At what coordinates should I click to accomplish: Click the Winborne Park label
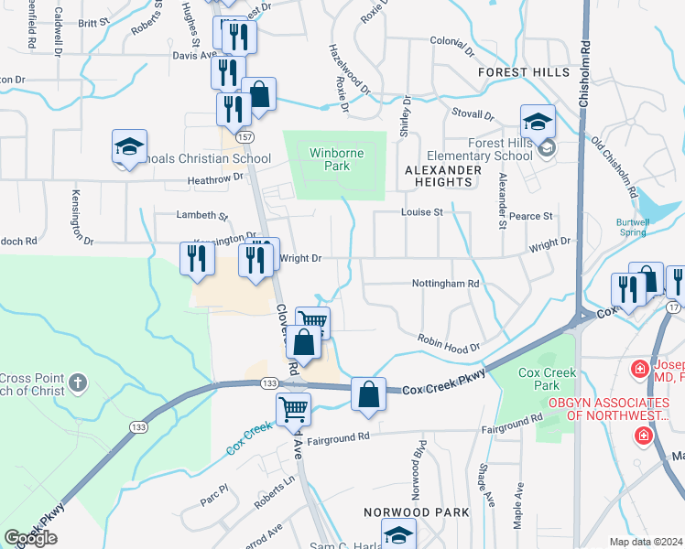[331, 160]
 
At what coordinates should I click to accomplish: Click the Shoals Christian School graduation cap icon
[129, 147]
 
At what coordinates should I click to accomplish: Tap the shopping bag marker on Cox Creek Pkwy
[367, 394]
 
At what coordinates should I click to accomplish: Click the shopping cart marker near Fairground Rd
[293, 408]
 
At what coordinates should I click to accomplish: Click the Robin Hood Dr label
[449, 342]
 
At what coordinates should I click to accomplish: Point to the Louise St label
[421, 212]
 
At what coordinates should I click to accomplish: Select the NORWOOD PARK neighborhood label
[404, 512]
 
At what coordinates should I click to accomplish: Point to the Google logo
[30, 538]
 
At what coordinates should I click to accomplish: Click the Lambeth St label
[201, 216]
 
